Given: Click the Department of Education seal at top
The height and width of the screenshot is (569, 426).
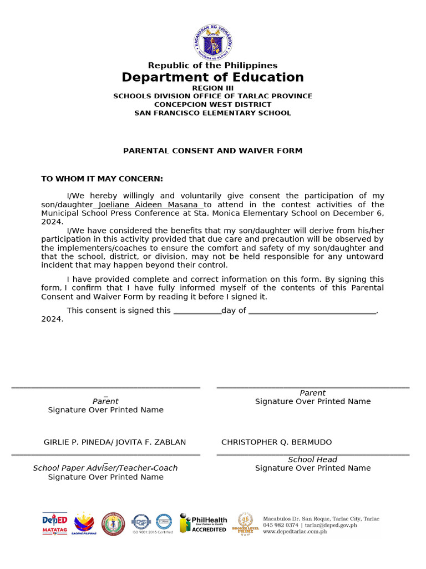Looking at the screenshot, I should point(213,42).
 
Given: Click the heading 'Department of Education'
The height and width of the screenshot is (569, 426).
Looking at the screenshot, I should point(212,77).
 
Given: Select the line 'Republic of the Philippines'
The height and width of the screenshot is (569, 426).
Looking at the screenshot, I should point(212,66).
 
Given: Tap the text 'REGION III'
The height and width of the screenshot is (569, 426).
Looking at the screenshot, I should point(212,88).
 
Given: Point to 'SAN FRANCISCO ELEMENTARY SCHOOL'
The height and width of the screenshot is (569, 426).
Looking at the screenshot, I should point(212,113).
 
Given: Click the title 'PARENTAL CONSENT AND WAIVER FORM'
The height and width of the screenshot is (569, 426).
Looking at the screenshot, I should point(212,151).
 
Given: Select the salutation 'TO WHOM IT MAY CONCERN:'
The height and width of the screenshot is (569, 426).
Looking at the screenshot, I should point(102,179).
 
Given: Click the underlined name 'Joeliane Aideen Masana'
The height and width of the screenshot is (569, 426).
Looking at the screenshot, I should point(148,205).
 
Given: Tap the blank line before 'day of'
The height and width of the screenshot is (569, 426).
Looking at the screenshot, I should point(197,311).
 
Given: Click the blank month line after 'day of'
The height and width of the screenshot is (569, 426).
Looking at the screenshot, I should point(312,311).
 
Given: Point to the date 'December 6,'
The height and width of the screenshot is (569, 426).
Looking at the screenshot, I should point(358,213).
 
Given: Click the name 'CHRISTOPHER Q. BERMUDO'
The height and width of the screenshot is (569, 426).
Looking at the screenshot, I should point(276,442).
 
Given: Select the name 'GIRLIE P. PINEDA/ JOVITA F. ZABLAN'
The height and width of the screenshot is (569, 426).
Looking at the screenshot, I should point(115,442).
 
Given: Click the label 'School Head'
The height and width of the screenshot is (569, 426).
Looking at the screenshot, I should point(312,460).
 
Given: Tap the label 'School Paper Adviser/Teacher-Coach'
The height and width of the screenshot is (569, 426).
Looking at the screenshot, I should point(105,468).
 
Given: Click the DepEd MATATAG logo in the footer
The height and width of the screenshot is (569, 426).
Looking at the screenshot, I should point(54,523).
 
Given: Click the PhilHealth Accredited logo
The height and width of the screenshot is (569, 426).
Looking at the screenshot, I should point(203,523).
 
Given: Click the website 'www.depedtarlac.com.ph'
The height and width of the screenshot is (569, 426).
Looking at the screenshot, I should point(295,532).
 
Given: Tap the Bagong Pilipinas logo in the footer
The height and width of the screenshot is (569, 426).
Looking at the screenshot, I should point(84,523).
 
